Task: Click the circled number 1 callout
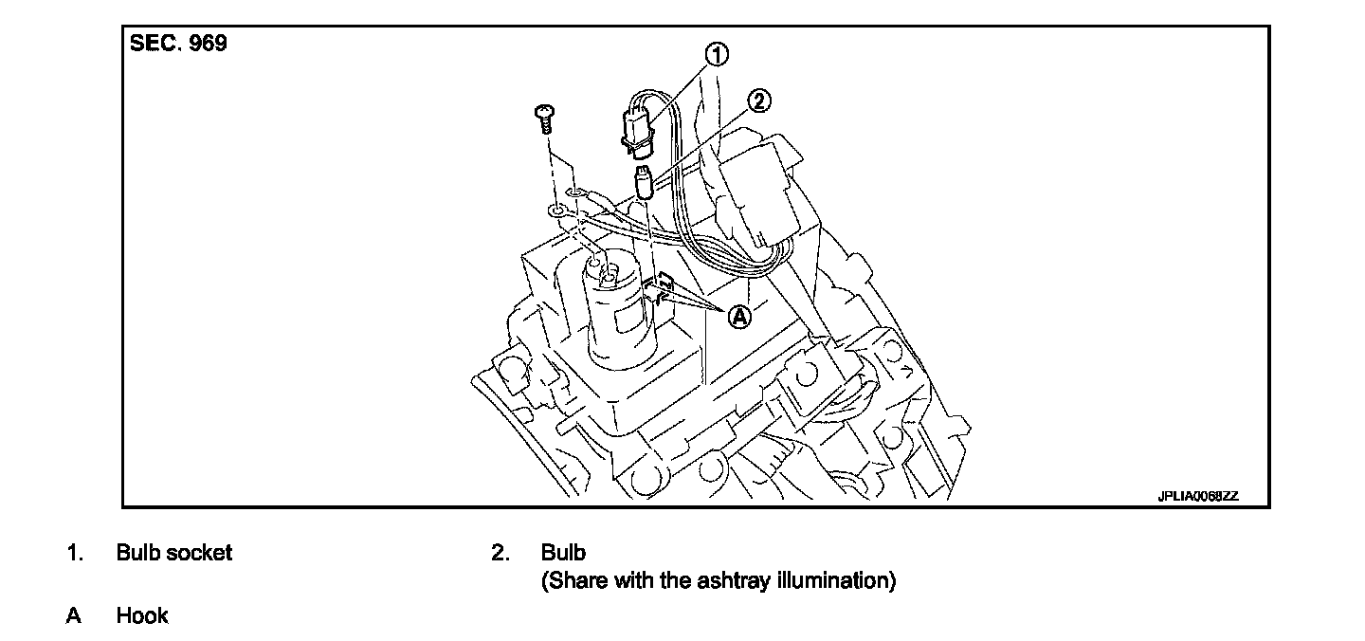[x=717, y=54]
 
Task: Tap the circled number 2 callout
[x=758, y=101]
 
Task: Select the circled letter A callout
[x=738, y=317]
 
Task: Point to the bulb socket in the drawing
[x=635, y=130]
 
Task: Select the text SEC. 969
[x=178, y=45]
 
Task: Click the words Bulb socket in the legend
[x=173, y=553]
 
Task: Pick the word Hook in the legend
[x=142, y=616]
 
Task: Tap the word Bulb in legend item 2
[x=563, y=553]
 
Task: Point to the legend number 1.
[x=73, y=553]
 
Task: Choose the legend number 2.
[x=500, y=553]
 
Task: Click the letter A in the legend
[x=73, y=616]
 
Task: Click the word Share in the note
[x=575, y=580]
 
